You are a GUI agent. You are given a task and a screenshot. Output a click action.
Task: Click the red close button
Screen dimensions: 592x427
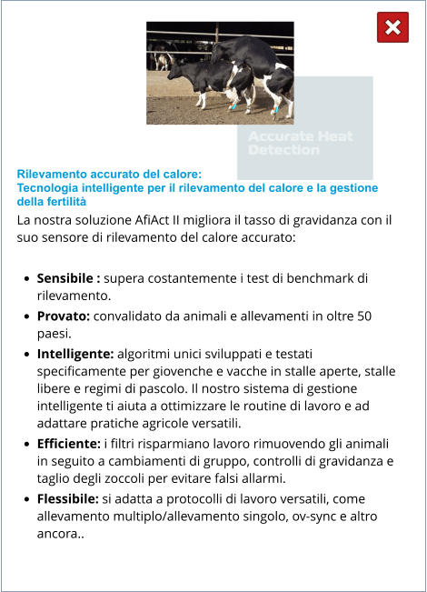pos(392,28)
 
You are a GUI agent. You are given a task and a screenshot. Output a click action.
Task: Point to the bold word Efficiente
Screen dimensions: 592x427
pos(69,443)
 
